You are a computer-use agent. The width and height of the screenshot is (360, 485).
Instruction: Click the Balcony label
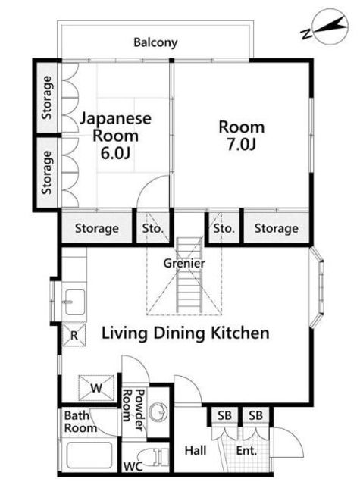click(x=155, y=42)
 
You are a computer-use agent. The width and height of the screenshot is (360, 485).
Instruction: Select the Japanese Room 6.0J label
click(x=116, y=136)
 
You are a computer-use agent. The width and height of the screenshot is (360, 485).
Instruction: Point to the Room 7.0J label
click(x=242, y=136)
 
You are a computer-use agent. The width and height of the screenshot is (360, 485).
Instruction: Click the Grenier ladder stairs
click(x=189, y=275)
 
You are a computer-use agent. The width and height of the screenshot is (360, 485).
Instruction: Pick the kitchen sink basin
click(x=74, y=302)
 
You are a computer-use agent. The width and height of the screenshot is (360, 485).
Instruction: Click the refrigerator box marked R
click(x=74, y=335)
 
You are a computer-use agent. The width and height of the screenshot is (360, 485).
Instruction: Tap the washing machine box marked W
click(x=96, y=387)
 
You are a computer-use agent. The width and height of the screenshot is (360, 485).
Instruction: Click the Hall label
click(x=196, y=450)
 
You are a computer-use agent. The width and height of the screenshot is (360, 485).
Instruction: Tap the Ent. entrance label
click(x=246, y=450)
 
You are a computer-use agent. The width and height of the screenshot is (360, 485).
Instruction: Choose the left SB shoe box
click(x=224, y=416)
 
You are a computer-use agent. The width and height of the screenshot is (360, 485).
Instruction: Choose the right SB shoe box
click(x=255, y=416)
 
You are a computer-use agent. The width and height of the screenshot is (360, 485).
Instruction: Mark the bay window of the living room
click(x=317, y=286)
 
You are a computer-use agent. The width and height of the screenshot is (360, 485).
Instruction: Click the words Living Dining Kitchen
click(x=186, y=333)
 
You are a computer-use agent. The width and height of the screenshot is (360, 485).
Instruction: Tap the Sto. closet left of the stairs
click(x=153, y=228)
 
